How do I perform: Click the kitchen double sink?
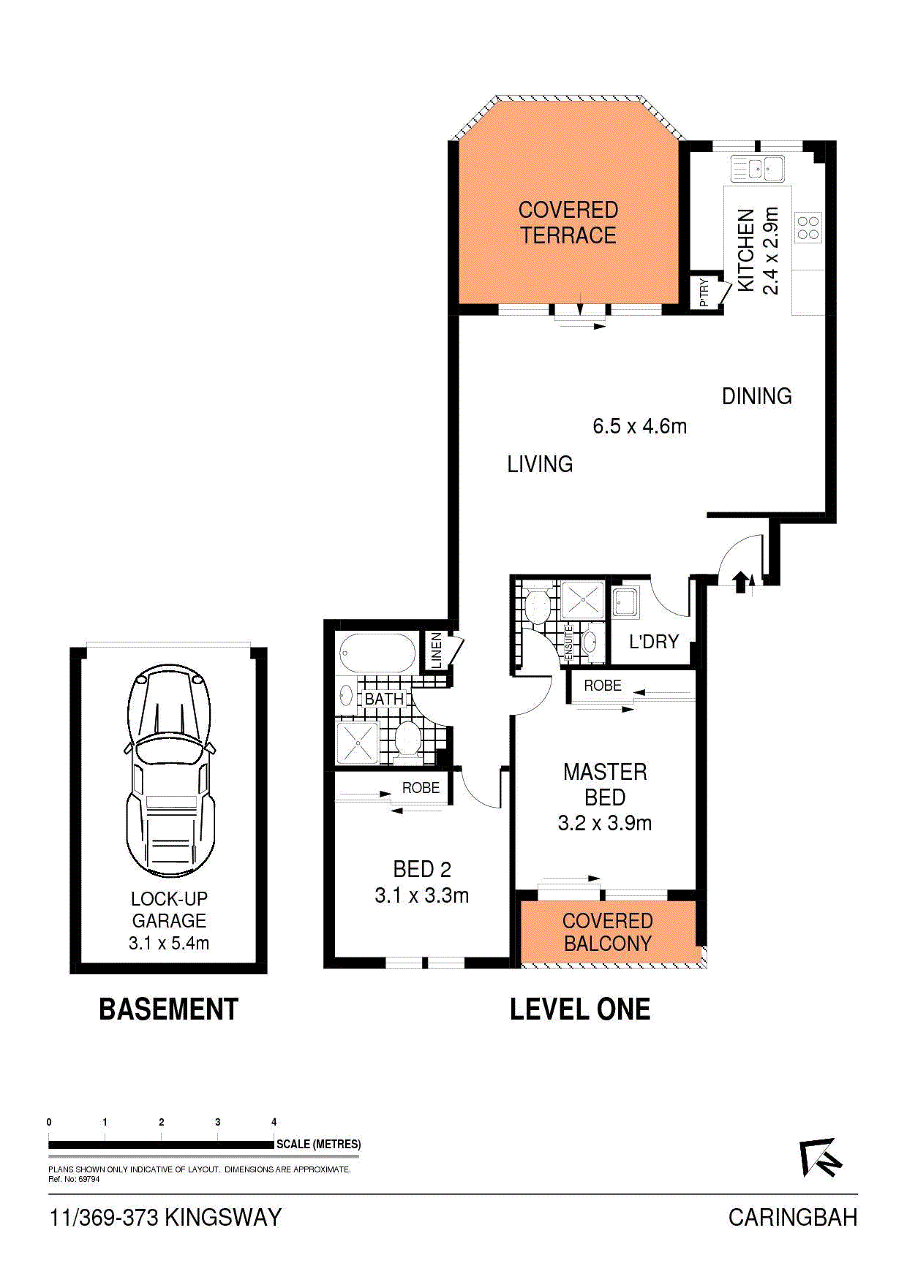coord(757,169)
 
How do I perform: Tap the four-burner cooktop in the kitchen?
coord(808,227)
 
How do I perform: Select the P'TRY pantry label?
coord(704,292)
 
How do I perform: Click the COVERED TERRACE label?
coord(568,223)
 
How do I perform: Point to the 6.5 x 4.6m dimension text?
coord(640,426)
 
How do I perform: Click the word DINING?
coord(757,396)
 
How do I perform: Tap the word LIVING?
coord(540,464)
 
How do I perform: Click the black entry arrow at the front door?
coord(740,581)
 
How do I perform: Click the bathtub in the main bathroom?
coord(377,653)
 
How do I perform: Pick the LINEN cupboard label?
coord(437,650)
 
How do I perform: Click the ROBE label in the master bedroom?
coord(603,686)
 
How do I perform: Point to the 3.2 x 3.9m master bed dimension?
coord(605,823)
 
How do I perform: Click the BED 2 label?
coord(422,869)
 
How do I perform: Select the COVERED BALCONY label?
coord(608,932)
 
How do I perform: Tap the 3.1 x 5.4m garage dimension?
coord(169,944)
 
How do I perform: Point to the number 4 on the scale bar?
coord(274,1122)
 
